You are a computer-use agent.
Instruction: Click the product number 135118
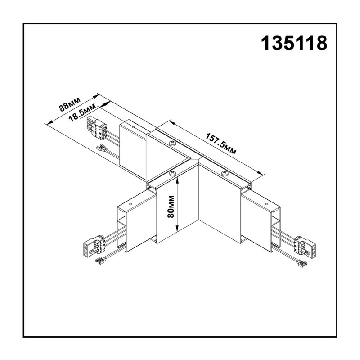tap(294, 43)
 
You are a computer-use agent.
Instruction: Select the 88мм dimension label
tap(70, 104)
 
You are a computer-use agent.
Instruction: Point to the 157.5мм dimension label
tap(220, 144)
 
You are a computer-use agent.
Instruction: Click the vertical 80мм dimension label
tap(171, 207)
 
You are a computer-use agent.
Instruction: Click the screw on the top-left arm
tap(172, 144)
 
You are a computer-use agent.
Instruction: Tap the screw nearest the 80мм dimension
tap(172, 173)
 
